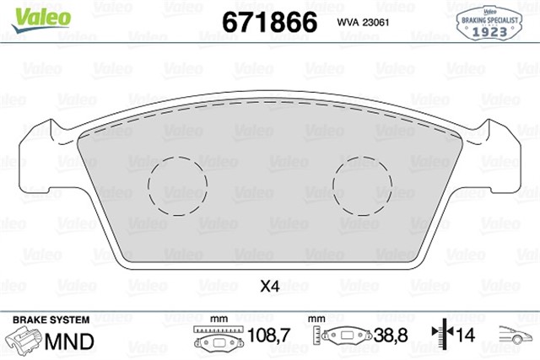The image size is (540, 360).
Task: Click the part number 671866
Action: (268, 21)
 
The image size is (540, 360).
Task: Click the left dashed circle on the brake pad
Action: (177, 185)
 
